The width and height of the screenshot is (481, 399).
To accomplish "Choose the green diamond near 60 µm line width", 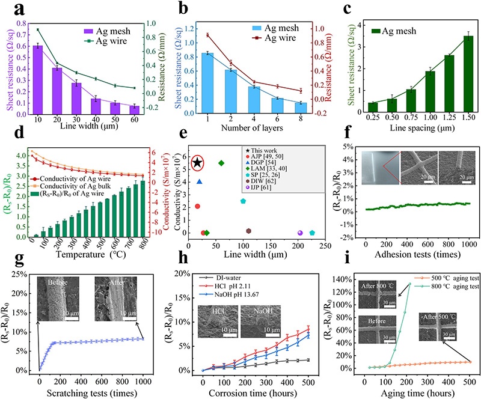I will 221,163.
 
